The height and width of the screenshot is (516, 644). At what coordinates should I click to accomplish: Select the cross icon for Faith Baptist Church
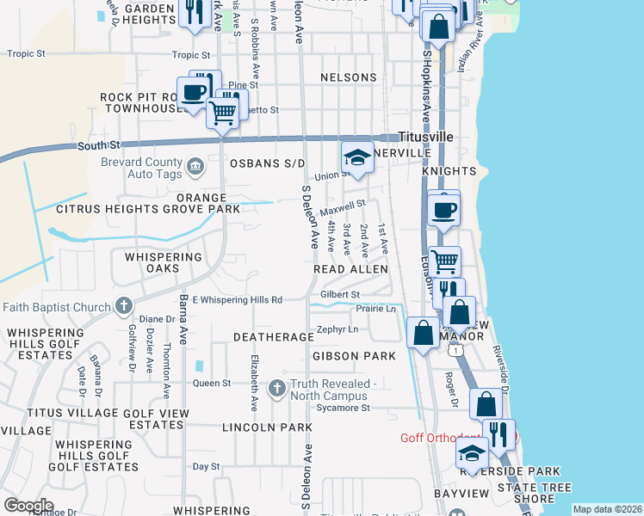click(124, 305)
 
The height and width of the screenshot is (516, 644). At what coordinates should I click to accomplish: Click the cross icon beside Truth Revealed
click(277, 389)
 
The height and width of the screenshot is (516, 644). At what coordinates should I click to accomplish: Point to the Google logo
click(29, 506)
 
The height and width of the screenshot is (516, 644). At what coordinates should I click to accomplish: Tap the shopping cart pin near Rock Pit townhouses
click(223, 112)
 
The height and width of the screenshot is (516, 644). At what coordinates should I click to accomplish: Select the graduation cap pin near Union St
click(357, 158)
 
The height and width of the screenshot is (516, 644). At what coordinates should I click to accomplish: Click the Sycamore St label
click(343, 408)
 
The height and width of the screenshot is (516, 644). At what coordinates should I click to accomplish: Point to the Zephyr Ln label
click(337, 329)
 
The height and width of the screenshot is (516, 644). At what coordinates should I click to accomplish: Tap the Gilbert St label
click(339, 294)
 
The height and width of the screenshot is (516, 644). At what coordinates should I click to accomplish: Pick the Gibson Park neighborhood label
click(354, 355)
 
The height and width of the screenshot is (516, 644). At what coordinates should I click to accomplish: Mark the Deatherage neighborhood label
click(273, 337)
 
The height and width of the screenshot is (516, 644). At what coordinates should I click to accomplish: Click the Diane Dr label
click(139, 319)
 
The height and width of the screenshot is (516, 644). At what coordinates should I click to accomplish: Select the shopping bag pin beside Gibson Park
click(423, 333)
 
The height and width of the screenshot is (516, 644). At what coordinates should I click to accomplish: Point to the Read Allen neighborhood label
click(350, 269)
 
